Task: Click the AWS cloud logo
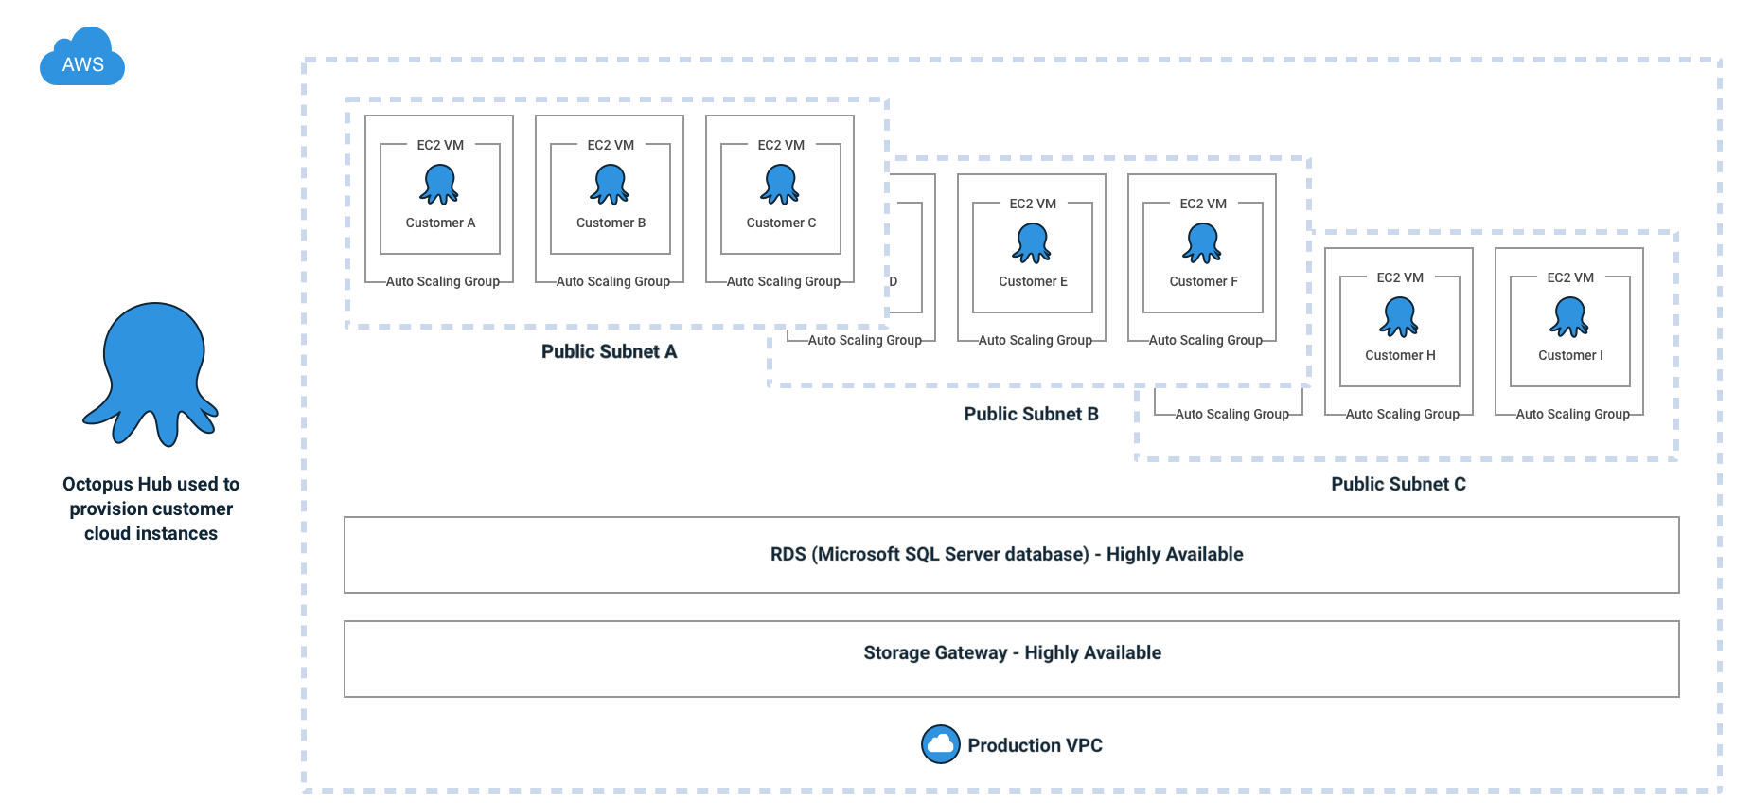point(82,58)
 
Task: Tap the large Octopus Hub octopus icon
point(152,373)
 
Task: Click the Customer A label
point(440,223)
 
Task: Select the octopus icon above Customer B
point(610,184)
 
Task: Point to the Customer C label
point(781,223)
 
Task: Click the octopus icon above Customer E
point(1032,242)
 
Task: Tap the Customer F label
point(1203,281)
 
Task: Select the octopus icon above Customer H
point(1399,316)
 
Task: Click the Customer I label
point(1570,355)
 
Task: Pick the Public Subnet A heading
point(609,351)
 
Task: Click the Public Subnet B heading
point(1031,414)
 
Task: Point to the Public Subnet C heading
point(1398,484)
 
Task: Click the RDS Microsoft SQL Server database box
point(1011,555)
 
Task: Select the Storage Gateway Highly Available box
point(1011,658)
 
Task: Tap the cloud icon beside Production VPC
point(940,744)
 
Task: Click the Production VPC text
point(1035,745)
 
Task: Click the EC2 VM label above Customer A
point(440,145)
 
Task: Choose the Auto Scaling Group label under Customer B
point(612,281)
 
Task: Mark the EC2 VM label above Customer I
point(1570,277)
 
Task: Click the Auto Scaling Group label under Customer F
point(1205,340)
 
